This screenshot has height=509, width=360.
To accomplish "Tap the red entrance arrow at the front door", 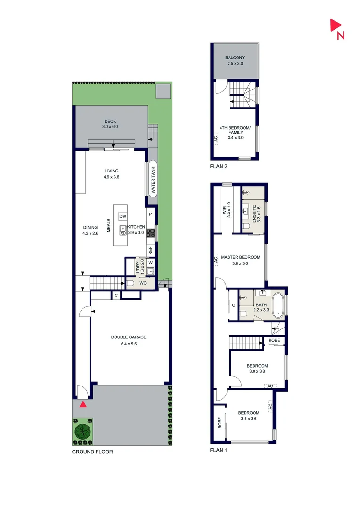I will tap(83, 403).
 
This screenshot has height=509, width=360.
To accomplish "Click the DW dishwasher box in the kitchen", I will tap(123, 216).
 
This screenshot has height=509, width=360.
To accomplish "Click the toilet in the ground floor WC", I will tap(131, 283).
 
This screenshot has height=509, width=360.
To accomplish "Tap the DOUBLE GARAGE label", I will tap(129, 337).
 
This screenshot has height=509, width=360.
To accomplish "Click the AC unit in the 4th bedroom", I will tap(216, 140).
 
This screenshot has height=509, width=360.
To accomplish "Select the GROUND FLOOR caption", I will tap(92, 452).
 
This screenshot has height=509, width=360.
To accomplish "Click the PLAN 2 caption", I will tap(219, 167).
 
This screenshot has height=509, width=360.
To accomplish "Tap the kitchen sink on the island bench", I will tap(123, 230).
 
